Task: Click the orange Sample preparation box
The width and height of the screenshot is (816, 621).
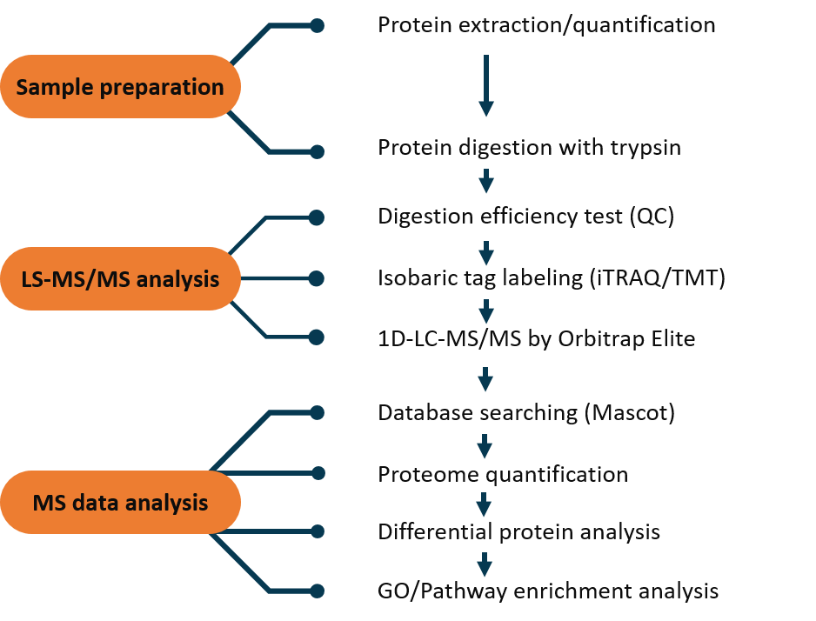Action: coord(120,86)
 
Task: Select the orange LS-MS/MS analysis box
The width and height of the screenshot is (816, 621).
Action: coord(120,279)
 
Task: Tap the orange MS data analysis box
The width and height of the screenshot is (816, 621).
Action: coord(120,503)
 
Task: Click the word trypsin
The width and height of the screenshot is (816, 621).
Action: coord(645,148)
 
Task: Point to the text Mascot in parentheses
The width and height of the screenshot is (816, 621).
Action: coord(630,413)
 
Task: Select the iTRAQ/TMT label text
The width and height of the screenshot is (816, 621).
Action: coord(657,278)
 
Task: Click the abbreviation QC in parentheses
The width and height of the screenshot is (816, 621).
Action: coord(652,217)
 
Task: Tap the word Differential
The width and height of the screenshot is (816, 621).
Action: coord(435,532)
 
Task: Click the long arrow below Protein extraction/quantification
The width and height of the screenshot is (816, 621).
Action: coord(486,85)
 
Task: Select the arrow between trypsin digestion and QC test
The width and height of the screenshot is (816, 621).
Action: coord(486,181)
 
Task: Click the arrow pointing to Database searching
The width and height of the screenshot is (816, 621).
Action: coord(485,379)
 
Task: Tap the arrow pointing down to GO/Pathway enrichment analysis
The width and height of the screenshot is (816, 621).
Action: coord(485,564)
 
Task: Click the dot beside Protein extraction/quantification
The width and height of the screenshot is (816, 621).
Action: coord(317,25)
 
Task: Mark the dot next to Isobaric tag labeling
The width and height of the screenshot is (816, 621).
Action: coord(317,279)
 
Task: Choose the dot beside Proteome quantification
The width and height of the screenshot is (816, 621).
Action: coord(318,473)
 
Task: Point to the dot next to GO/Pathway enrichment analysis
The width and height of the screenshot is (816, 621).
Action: coord(317,591)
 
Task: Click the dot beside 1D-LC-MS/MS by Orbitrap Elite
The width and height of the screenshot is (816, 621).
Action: coord(317,337)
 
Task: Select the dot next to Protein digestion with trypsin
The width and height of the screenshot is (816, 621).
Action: coord(317,152)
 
